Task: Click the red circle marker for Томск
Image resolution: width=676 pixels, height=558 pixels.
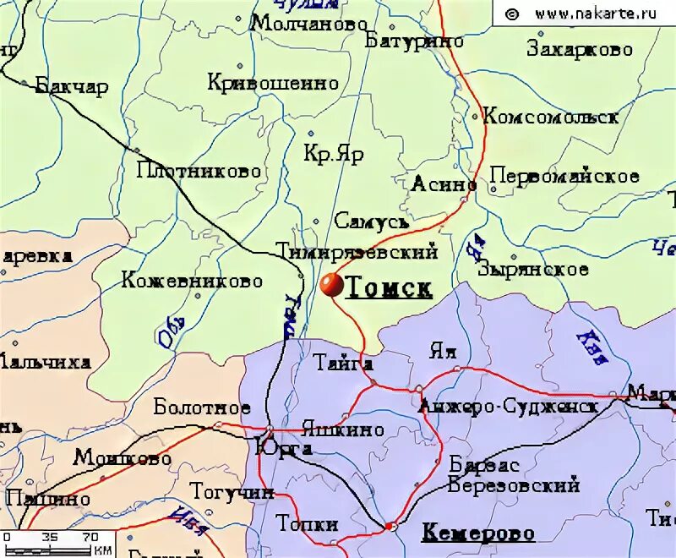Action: [331, 286]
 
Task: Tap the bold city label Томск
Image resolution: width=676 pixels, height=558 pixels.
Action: [390, 288]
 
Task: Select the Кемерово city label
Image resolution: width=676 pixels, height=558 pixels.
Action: [477, 533]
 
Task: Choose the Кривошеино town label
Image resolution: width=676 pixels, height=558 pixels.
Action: [272, 83]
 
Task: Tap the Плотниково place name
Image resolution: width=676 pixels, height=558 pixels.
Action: [199, 171]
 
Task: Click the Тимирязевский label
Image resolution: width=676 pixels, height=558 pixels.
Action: [357, 251]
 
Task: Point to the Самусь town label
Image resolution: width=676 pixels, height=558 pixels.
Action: [372, 222]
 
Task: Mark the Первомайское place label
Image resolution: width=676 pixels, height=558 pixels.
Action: [564, 177]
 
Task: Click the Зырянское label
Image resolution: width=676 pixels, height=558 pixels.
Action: [532, 270]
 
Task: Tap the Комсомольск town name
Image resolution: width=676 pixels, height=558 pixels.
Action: [550, 118]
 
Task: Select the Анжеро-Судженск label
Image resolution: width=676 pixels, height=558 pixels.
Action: [508, 407]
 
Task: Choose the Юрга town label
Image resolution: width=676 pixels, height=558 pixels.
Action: [284, 448]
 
